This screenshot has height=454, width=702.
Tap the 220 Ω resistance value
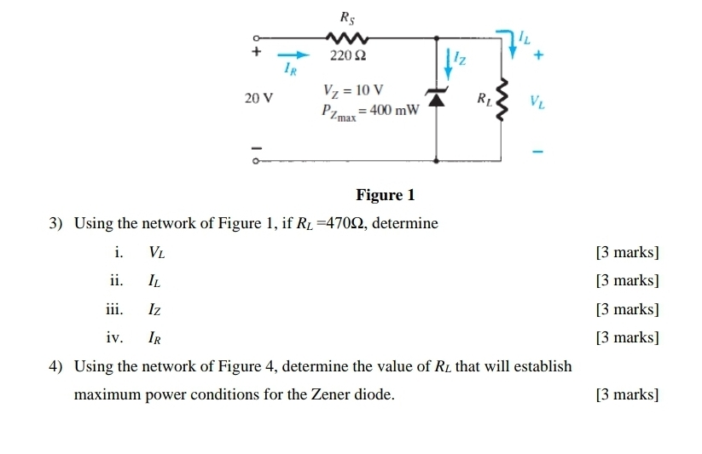[x=348, y=56]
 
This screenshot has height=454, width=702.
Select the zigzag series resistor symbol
[x=346, y=37]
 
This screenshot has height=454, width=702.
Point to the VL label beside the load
[x=537, y=103]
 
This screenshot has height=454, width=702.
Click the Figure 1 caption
[x=385, y=195]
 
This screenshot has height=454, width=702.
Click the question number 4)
[x=57, y=366]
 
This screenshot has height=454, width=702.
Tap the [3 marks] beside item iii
[x=628, y=309]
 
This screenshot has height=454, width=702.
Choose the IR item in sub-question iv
[x=155, y=338]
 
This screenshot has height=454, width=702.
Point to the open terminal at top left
[x=253, y=37]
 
